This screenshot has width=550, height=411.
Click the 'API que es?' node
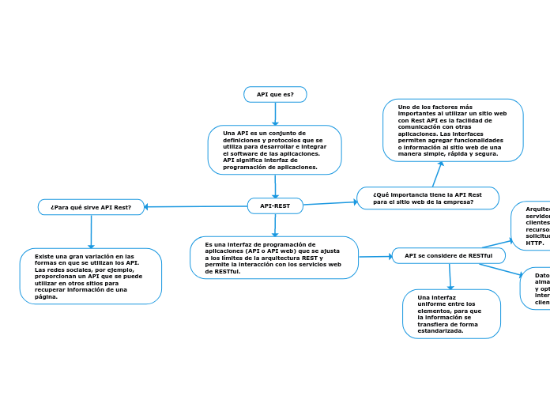pyautogui.click(x=275, y=95)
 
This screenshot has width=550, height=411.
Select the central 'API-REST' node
pyautogui.click(x=275, y=206)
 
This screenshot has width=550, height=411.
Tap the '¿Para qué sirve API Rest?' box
pyautogui.click(x=91, y=207)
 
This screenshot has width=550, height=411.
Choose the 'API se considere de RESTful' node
pyautogui.click(x=448, y=256)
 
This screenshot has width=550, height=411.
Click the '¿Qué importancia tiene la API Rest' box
pyautogui.click(x=428, y=198)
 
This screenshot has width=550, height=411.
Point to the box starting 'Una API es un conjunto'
pyautogui.click(x=275, y=150)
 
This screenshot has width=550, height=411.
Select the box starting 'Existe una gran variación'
pyautogui.click(x=91, y=276)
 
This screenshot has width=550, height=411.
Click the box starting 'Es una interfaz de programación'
pyautogui.click(x=274, y=258)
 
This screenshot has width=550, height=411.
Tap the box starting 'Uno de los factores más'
pyautogui.click(x=453, y=130)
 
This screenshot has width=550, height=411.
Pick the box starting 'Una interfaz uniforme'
pyautogui.click(x=451, y=314)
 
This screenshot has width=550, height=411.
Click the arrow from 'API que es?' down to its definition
pyautogui.click(x=275, y=114)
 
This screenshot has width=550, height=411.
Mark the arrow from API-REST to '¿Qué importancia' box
pyautogui.click(x=330, y=202)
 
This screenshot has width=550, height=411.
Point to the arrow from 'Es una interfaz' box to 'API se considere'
pyautogui.click(x=375, y=256)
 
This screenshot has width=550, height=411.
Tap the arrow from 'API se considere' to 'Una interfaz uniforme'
pyautogui.click(x=450, y=277)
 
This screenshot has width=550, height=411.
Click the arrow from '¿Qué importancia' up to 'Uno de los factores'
pyautogui.click(x=437, y=174)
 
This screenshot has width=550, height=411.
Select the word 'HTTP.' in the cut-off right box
pyautogui.click(x=534, y=243)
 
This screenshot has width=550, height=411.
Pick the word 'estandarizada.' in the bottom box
pyautogui.click(x=441, y=331)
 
